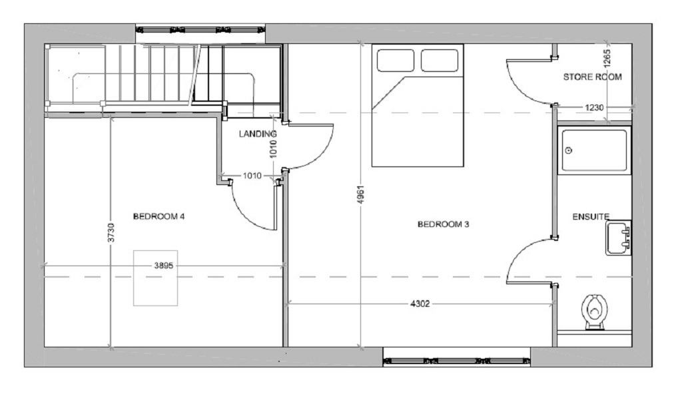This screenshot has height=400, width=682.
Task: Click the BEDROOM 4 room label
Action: [159, 216]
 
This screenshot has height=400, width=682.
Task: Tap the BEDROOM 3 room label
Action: [443, 224]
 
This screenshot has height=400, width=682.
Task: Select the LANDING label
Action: [258, 134]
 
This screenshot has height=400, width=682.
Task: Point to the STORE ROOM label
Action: [592, 77]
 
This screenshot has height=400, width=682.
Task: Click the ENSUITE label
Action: [591, 216]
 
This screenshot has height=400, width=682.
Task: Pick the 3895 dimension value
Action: [164, 265]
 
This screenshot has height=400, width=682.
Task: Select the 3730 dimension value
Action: [111, 232]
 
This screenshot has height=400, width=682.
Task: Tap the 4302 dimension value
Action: [420, 304]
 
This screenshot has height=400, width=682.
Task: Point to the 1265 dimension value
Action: [607, 58]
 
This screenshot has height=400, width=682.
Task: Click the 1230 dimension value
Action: [594, 107]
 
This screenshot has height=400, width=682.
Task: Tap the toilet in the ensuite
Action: [593, 311]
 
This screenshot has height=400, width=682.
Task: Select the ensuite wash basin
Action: [618, 238]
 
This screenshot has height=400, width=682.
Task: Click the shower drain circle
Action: [569, 150]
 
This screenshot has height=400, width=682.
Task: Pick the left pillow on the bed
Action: [396, 61]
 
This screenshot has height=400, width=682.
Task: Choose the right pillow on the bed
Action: [440, 61]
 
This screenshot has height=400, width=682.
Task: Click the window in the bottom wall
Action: [457, 361]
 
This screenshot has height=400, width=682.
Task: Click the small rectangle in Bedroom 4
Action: [155, 278]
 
